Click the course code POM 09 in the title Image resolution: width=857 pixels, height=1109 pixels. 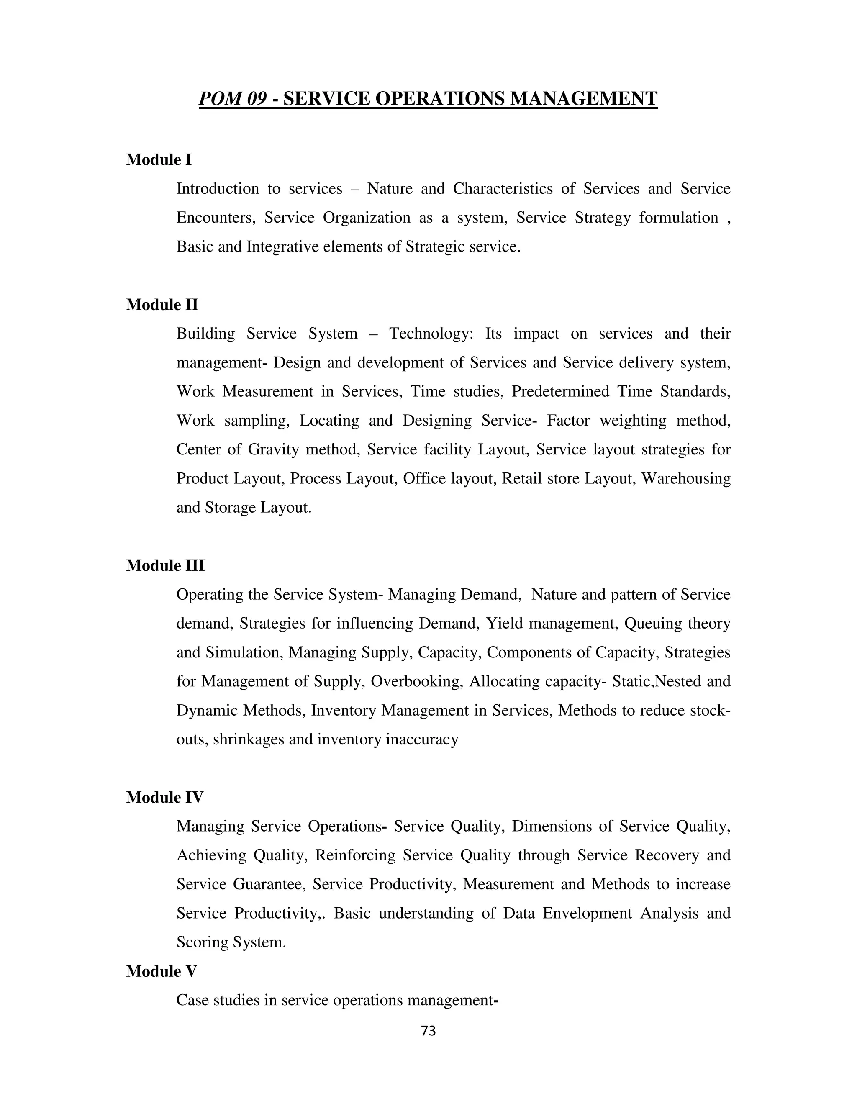(233, 98)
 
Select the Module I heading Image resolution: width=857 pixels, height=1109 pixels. (159, 160)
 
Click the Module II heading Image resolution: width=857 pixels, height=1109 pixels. (162, 305)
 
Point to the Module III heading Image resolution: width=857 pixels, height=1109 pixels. (165, 566)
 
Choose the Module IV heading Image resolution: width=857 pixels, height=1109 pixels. (164, 797)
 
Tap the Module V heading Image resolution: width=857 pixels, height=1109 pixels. (162, 971)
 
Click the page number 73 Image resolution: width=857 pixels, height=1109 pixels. (428, 1031)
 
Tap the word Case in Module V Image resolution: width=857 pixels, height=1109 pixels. (192, 1000)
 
